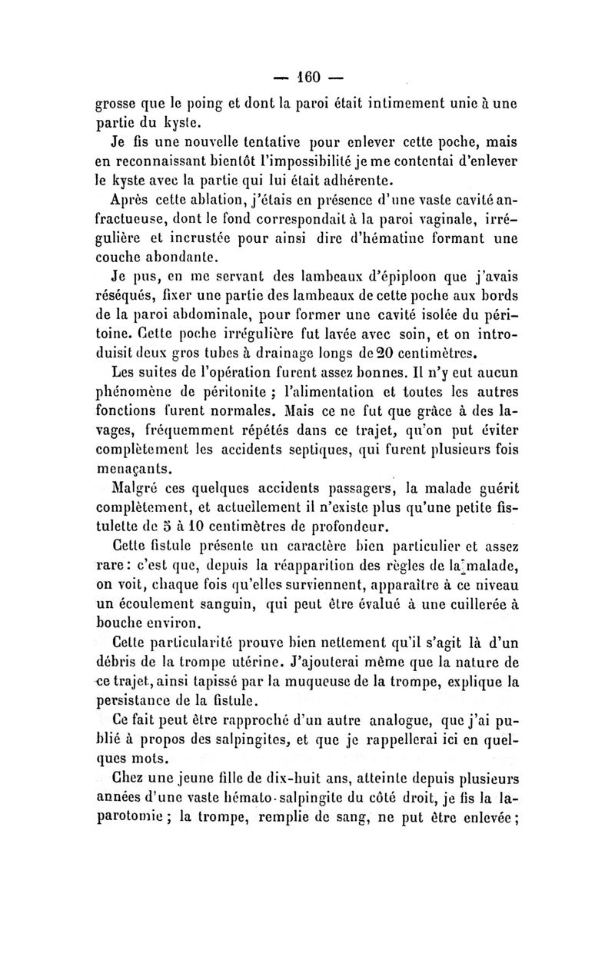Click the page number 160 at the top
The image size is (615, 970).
[307, 77]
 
